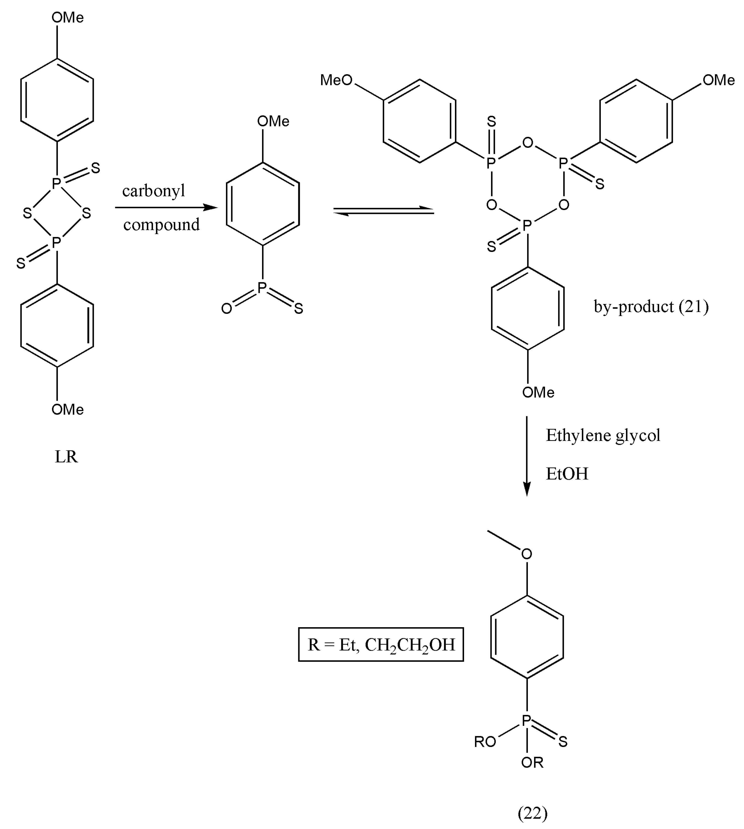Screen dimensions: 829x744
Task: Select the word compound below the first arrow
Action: pyautogui.click(x=161, y=225)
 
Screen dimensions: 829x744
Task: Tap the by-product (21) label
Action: pyautogui.click(x=651, y=307)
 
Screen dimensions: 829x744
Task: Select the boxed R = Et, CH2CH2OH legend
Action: pyautogui.click(x=381, y=644)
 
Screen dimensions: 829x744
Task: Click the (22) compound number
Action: pyautogui.click(x=532, y=813)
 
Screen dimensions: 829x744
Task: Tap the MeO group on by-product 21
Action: pyautogui.click(x=336, y=80)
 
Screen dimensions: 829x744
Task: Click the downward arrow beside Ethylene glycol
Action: pyautogui.click(x=527, y=456)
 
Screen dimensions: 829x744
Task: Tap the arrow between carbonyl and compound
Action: pyautogui.click(x=166, y=208)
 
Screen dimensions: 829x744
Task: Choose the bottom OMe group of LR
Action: pyautogui.click(x=67, y=409)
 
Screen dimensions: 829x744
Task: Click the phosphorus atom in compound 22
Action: pyautogui.click(x=526, y=721)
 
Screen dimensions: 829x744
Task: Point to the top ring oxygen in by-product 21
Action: pyautogui.click(x=528, y=143)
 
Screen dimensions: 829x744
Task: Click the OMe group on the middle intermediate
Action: pyautogui.click(x=273, y=121)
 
